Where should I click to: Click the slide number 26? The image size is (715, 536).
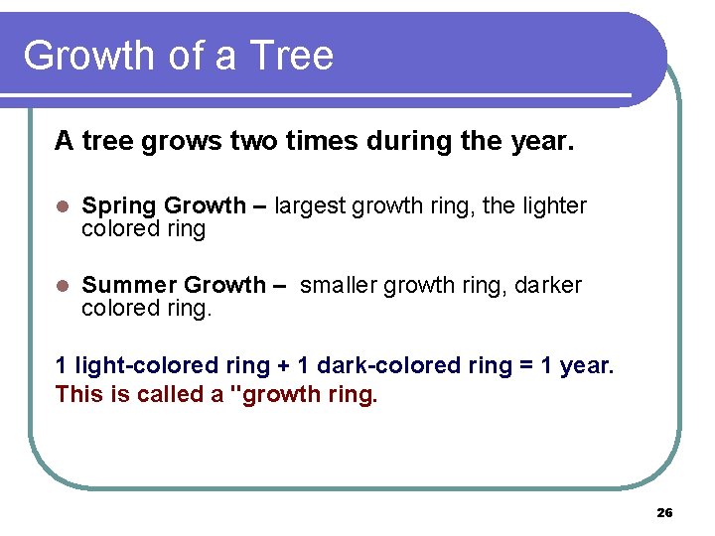664,512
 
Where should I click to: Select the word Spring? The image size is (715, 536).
119,206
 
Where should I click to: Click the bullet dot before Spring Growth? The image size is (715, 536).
62,206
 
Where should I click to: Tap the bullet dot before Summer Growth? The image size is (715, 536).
62,286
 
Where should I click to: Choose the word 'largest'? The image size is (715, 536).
310,206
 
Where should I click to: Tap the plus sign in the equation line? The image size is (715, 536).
283,366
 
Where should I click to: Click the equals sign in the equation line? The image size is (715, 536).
522,366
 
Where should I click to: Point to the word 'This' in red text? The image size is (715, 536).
78,395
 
